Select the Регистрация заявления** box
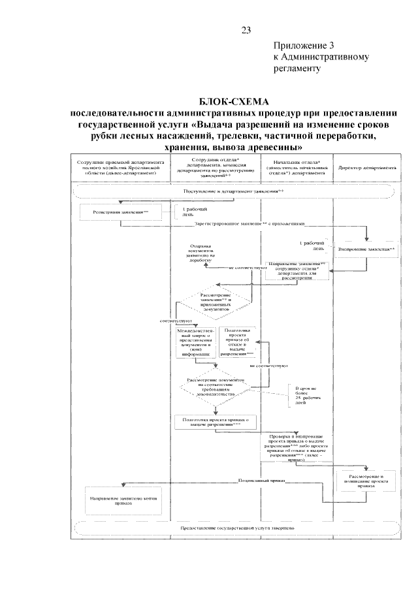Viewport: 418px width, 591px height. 120,212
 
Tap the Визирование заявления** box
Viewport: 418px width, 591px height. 366,249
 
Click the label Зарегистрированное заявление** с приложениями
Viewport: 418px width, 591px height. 249,223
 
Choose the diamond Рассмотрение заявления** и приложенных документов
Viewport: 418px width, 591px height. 216,301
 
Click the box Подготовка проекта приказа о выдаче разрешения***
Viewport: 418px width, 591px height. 216,421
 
